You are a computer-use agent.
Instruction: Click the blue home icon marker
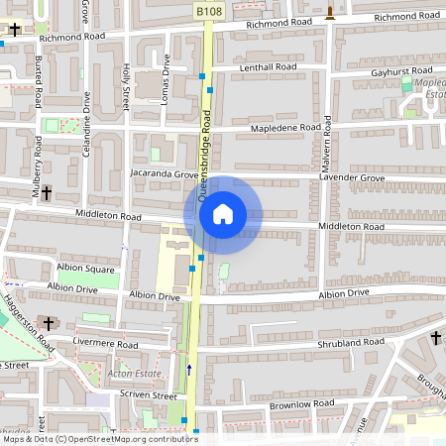[x=223, y=213]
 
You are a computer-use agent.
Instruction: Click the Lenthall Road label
[x=269, y=67]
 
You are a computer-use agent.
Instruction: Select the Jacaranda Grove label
[x=165, y=173]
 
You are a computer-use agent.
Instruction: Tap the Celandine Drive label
[x=87, y=117]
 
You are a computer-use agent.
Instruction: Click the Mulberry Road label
[x=36, y=173]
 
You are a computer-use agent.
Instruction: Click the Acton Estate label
[x=133, y=373]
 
